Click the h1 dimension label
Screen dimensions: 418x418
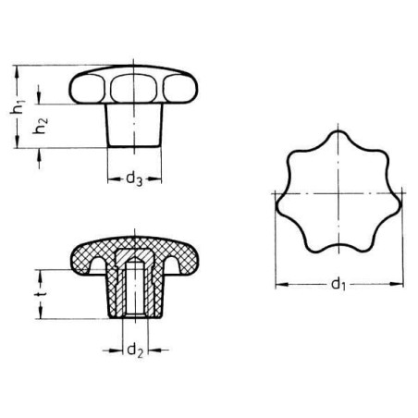[18, 107]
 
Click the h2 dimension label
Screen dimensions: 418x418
[41, 126]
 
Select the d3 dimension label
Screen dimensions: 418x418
[134, 179]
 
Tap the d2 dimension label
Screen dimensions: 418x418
[135, 350]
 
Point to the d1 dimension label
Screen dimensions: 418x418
[338, 284]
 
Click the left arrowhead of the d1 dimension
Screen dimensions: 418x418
[281, 284]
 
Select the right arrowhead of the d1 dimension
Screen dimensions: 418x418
[397, 284]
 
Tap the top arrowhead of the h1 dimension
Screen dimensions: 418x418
[17, 72]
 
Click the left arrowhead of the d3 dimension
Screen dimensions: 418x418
[114, 178]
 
